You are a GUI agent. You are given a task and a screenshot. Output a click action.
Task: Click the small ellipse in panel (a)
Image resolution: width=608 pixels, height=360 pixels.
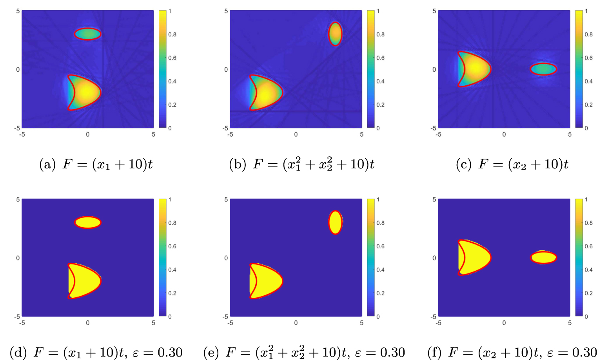(x=88, y=34)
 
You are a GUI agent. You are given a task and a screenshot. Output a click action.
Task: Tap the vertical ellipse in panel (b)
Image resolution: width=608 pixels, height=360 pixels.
(x=335, y=34)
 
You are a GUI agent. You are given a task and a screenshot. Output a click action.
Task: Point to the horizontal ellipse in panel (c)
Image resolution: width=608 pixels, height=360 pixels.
(x=543, y=69)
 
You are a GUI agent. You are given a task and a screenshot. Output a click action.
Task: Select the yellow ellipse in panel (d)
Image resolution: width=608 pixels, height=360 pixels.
(x=88, y=223)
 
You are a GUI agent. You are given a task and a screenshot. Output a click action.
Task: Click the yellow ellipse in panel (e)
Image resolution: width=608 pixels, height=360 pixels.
(x=335, y=222)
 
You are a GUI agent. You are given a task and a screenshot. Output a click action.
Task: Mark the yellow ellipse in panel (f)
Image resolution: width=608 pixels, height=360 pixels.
(x=543, y=257)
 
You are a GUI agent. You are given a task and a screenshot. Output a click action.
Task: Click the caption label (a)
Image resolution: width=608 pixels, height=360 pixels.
(x=47, y=164)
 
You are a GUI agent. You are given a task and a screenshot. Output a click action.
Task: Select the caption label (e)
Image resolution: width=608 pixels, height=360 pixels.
(x=211, y=353)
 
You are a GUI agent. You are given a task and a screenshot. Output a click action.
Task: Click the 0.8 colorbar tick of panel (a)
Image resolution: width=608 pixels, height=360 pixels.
(x=172, y=34)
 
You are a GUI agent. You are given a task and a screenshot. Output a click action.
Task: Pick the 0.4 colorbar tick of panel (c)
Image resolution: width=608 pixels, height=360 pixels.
(x=589, y=81)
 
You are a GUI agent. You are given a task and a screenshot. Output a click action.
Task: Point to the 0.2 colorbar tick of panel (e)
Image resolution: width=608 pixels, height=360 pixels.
(x=381, y=293)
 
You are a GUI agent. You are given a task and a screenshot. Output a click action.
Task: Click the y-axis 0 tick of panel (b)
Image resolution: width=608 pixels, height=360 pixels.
(x=226, y=69)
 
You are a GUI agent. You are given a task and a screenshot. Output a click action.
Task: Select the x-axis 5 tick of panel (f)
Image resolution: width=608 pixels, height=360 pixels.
(x=570, y=323)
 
